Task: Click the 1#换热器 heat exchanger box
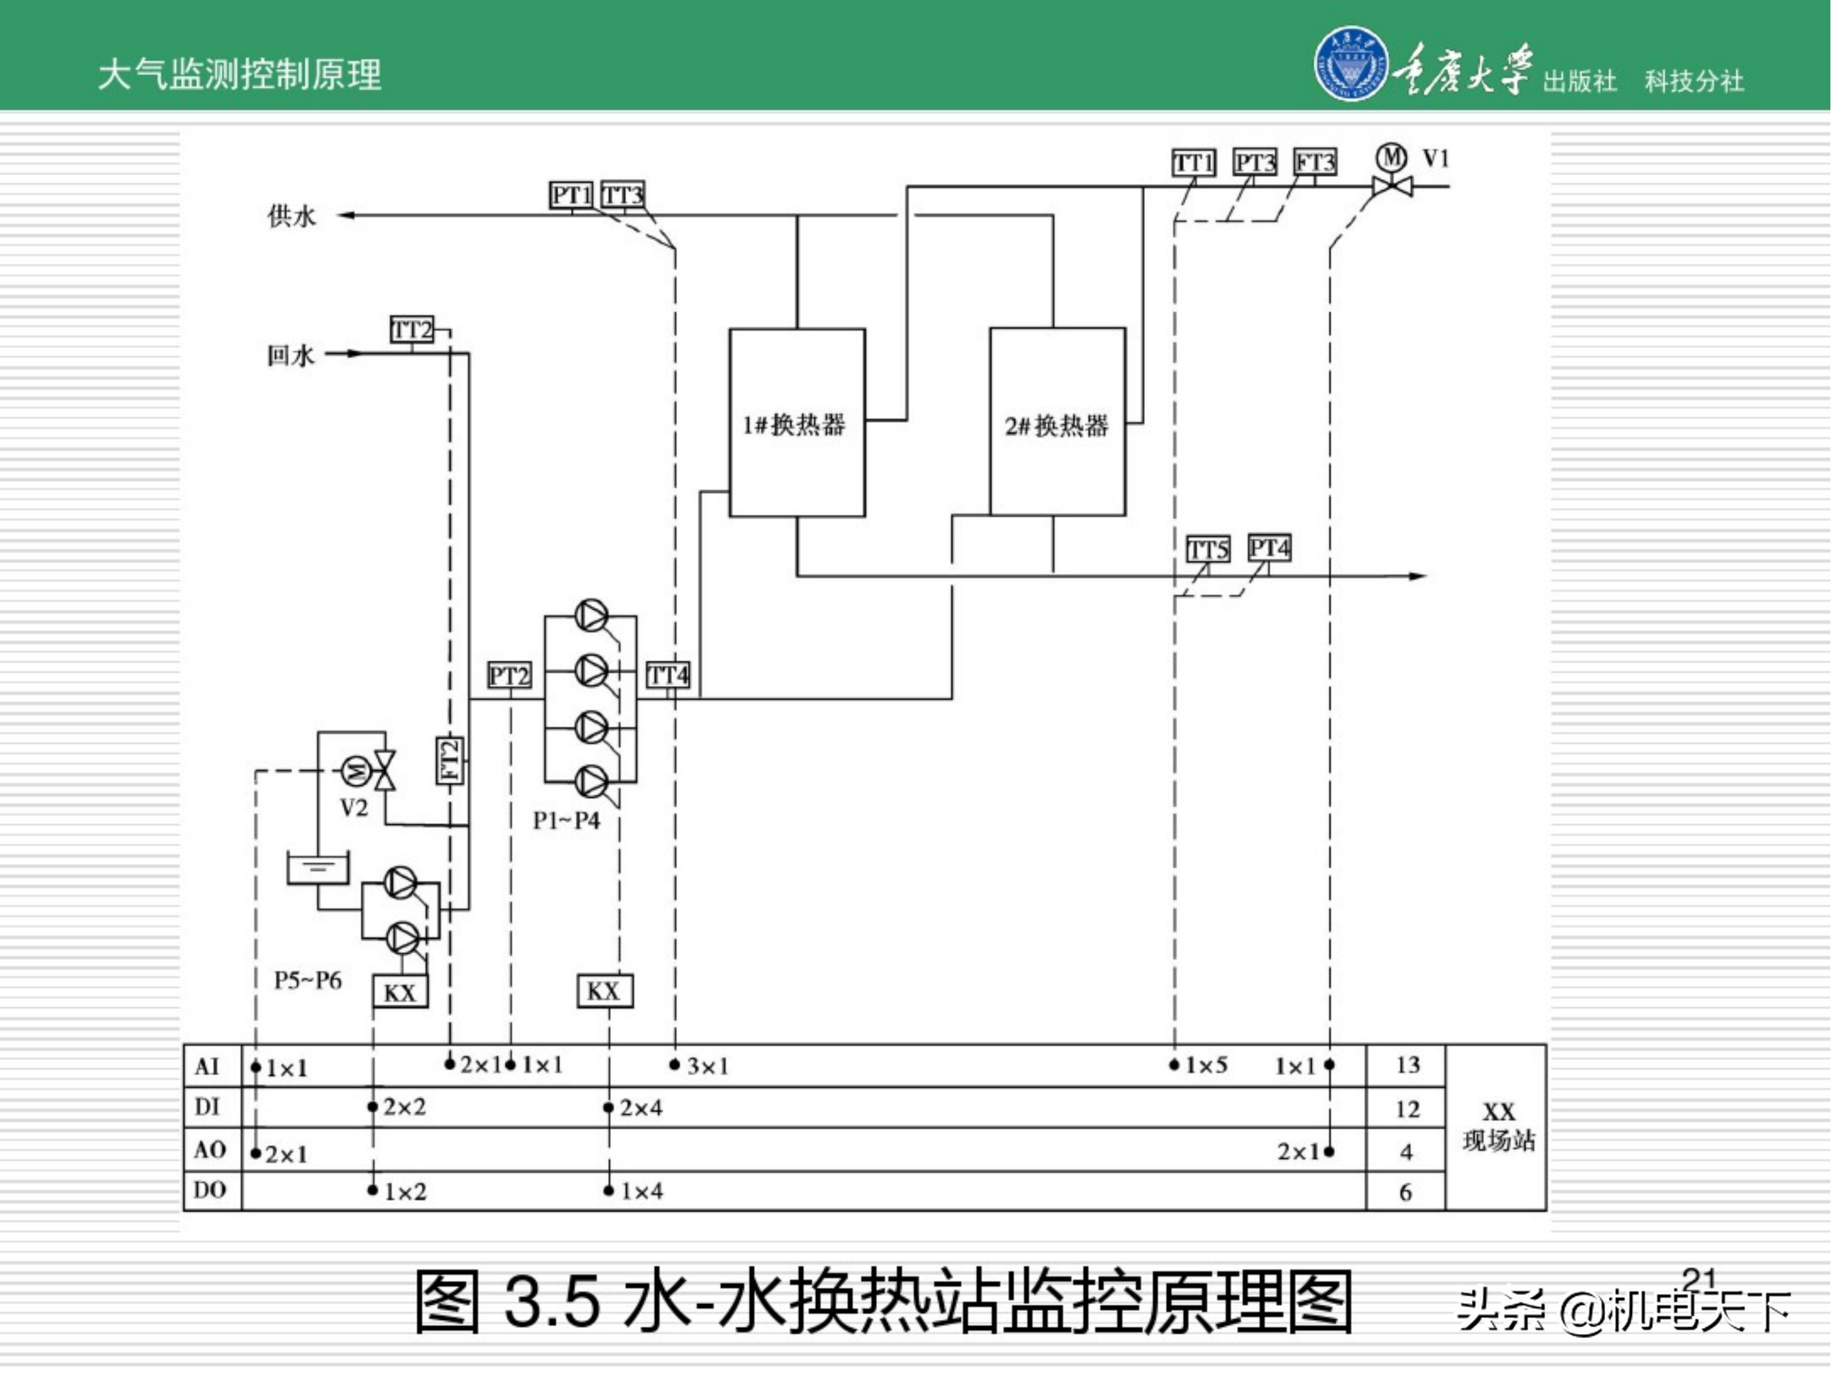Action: (796, 423)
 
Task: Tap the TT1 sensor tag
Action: (1193, 163)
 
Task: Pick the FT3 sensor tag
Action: (1315, 162)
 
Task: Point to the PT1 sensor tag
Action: (571, 196)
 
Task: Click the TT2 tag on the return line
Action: (411, 330)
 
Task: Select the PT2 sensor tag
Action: (509, 676)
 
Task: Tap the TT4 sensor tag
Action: (667, 676)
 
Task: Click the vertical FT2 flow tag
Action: (449, 760)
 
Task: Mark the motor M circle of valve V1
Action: (1392, 156)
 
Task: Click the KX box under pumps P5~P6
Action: (400, 992)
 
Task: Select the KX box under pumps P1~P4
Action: (604, 990)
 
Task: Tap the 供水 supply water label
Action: (291, 217)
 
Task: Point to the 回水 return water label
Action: (291, 356)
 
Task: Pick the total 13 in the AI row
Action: (1407, 1065)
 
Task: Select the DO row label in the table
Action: (209, 1190)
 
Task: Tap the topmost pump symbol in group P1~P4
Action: (591, 616)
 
